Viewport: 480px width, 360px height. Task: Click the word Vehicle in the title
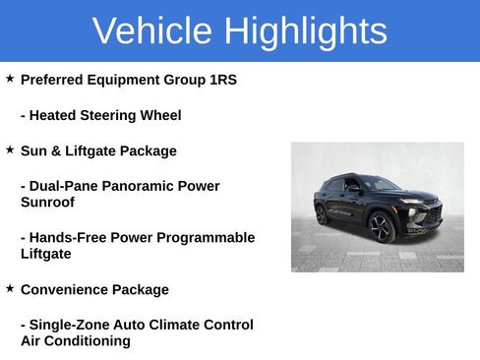coord(152,31)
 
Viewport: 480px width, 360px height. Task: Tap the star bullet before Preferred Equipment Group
coord(10,78)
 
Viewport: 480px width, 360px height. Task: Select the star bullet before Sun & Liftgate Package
coord(10,150)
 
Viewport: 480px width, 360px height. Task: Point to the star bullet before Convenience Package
coord(10,288)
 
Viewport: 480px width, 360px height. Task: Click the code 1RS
coord(221,79)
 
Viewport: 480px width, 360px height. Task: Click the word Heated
coord(54,115)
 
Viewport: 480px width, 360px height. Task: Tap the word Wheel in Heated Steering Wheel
coord(160,115)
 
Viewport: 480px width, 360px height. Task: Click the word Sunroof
coord(48,203)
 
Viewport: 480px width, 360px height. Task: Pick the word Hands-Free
coord(68,238)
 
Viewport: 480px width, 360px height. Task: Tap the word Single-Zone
coord(69,325)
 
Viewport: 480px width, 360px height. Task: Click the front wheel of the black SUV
coord(381,228)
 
